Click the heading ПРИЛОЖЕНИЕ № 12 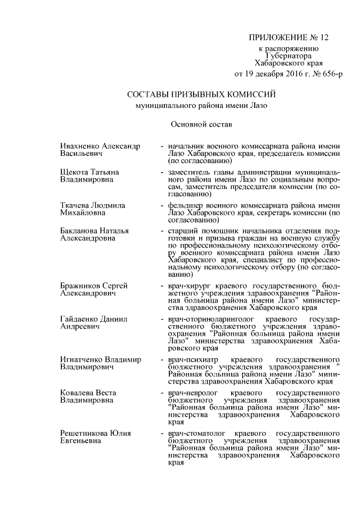(287, 38)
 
